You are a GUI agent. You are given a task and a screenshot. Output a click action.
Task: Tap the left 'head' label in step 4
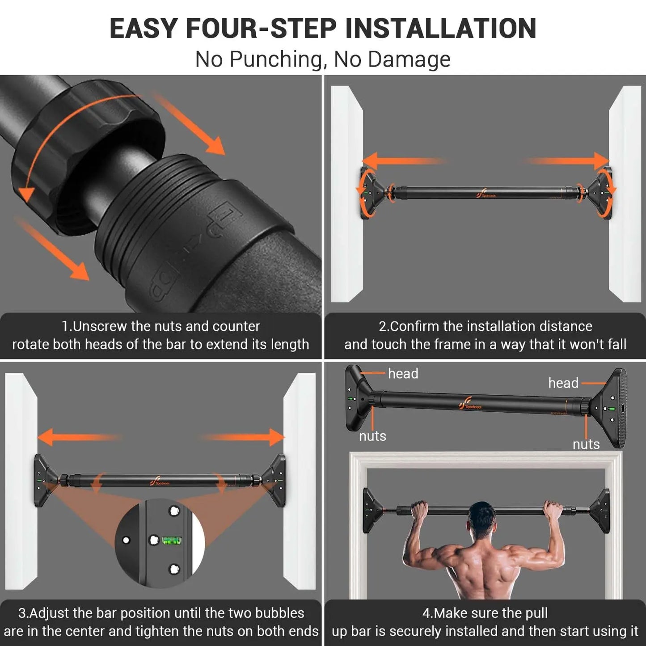pyautogui.click(x=403, y=374)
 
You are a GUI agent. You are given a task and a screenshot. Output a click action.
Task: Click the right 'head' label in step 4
pyautogui.click(x=563, y=383)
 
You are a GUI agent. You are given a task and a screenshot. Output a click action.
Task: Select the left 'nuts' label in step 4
pyautogui.click(x=372, y=436)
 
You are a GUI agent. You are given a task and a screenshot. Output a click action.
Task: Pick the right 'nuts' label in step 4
pyautogui.click(x=586, y=444)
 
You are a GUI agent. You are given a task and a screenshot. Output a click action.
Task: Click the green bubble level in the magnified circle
pyautogui.click(x=171, y=541)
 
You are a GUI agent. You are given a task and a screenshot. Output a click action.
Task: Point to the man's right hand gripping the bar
pyautogui.click(x=553, y=510)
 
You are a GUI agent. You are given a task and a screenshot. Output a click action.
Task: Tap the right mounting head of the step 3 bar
pyautogui.click(x=274, y=481)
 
